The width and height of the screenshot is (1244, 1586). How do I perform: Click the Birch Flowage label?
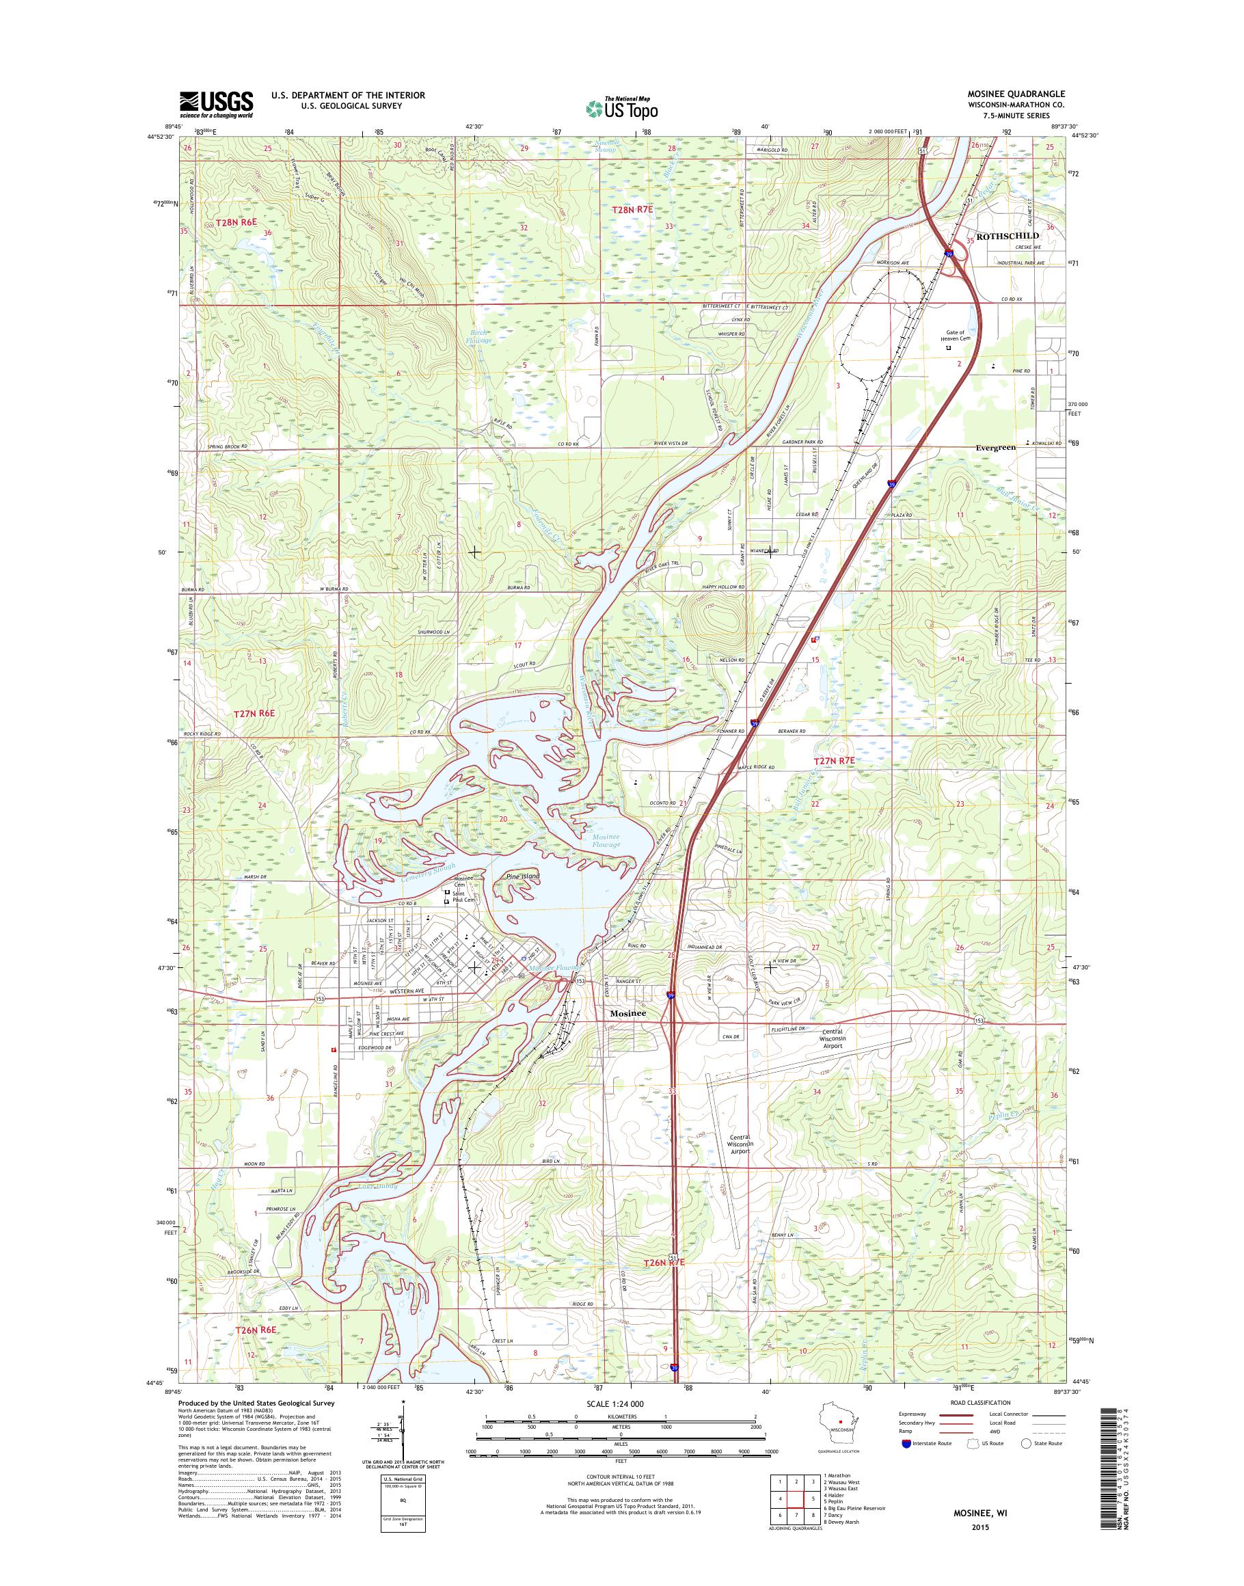click(480, 336)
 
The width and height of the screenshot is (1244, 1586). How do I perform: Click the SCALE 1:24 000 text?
click(621, 1403)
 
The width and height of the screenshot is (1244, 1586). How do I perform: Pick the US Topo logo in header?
click(621, 108)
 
